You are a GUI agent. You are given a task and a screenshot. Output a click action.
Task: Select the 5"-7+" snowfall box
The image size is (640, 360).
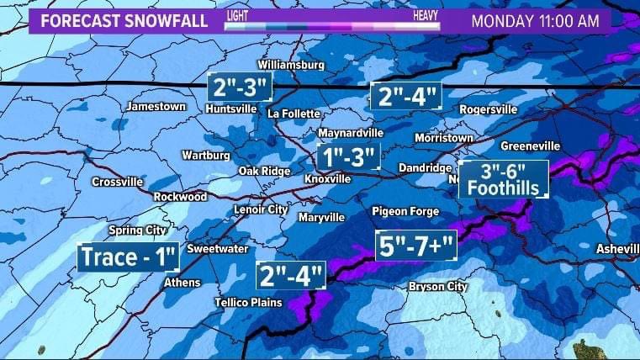click(415, 247)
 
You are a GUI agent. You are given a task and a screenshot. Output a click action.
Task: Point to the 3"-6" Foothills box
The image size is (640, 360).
click(503, 179)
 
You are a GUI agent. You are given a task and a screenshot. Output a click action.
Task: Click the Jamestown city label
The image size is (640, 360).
click(156, 107)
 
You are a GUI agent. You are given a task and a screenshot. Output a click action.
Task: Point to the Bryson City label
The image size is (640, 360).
click(437, 287)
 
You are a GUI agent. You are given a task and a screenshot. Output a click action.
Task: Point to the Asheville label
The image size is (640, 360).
click(617, 249)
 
